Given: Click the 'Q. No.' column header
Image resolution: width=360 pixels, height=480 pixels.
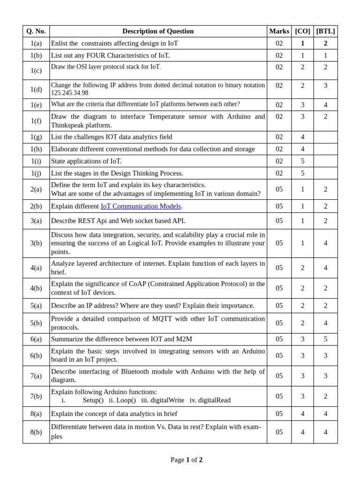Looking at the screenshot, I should (36, 31).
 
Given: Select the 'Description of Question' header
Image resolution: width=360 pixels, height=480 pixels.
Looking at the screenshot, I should (158, 31).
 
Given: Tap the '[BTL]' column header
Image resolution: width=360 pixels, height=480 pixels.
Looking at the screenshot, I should (325, 31).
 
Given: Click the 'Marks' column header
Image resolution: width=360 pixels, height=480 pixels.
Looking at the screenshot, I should (279, 31).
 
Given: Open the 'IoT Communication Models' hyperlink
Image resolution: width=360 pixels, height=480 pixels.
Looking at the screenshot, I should (141, 206).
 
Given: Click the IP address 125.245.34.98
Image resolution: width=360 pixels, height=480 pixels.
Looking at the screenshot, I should (69, 93).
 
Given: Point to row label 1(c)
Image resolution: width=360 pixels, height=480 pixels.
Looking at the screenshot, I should (36, 70).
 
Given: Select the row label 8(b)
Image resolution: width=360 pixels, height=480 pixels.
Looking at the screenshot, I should (36, 432).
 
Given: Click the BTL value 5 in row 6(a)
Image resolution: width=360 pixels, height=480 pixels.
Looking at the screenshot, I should (325, 339).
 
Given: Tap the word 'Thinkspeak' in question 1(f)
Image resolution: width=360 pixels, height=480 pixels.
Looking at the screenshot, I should (67, 125).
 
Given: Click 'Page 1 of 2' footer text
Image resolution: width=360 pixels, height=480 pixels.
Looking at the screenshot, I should (187, 460).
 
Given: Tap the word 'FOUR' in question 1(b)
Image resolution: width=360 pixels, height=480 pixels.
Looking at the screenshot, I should (108, 55).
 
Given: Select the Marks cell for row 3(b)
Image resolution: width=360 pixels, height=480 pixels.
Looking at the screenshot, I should (279, 243).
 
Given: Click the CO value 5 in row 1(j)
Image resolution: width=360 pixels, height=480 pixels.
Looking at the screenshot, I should (302, 173).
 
